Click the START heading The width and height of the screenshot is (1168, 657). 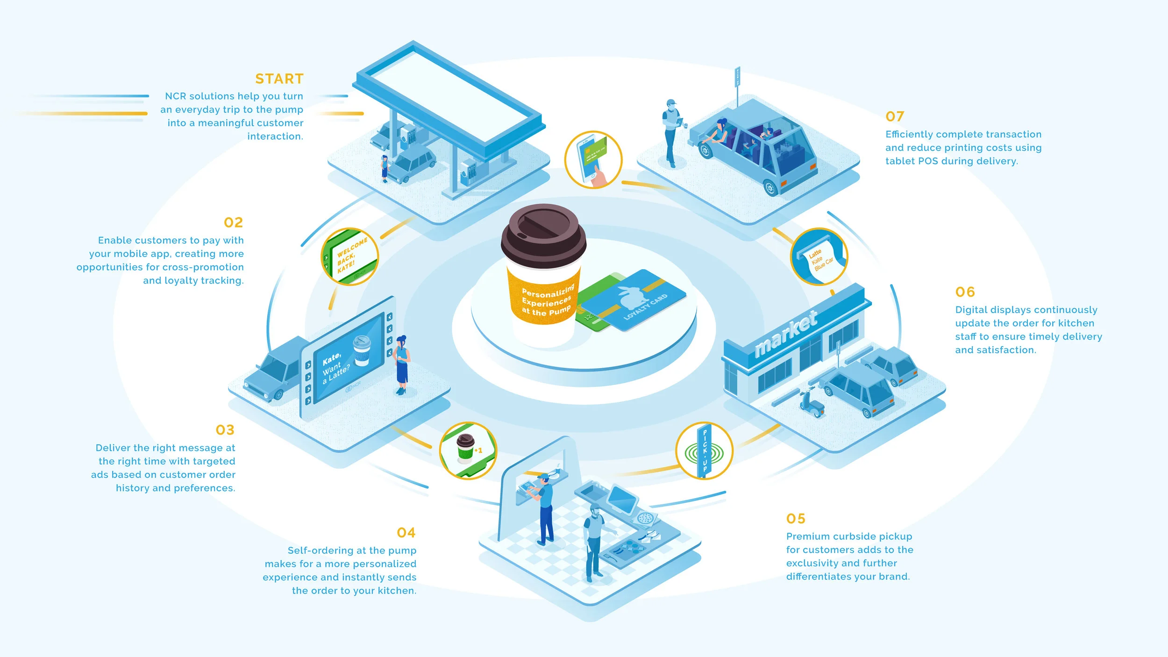coord(279,79)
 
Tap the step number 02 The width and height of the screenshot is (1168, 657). coord(233,222)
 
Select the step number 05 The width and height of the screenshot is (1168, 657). coord(796,519)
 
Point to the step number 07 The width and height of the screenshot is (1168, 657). coord(895,116)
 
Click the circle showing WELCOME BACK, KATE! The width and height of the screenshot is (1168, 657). coord(350,257)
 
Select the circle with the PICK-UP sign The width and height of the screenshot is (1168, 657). coord(704,451)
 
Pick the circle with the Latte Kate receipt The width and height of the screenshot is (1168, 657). coord(819,257)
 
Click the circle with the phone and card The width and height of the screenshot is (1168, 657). coord(593,160)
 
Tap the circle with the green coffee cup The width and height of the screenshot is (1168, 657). coord(468,450)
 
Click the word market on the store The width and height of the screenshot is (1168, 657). coord(786,333)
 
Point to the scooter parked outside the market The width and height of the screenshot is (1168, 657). coord(811,403)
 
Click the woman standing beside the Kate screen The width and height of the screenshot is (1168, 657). coord(402,364)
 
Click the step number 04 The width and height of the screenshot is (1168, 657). coord(406,533)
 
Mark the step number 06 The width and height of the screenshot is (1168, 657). coord(965,292)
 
